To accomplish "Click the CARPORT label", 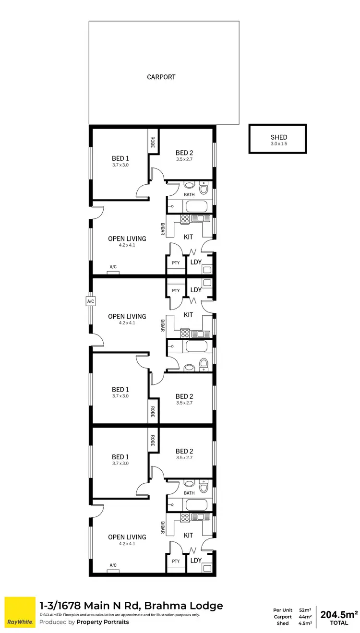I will [x=161, y=77].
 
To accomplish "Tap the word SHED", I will [x=278, y=137].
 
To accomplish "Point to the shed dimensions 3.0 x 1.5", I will [x=278, y=143].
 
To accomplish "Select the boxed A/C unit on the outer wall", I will [x=90, y=301].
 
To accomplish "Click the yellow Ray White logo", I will [x=20, y=612].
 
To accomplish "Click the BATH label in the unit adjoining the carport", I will [x=189, y=194].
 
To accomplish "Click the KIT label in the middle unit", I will [x=189, y=315].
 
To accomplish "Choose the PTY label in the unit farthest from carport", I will [x=176, y=561].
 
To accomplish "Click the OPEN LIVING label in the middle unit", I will [x=127, y=316].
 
